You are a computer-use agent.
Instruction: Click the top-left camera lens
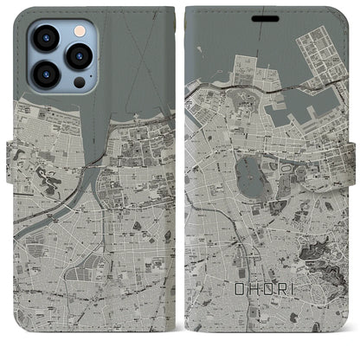tap(45, 38)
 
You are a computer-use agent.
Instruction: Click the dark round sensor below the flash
tap(79, 82)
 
